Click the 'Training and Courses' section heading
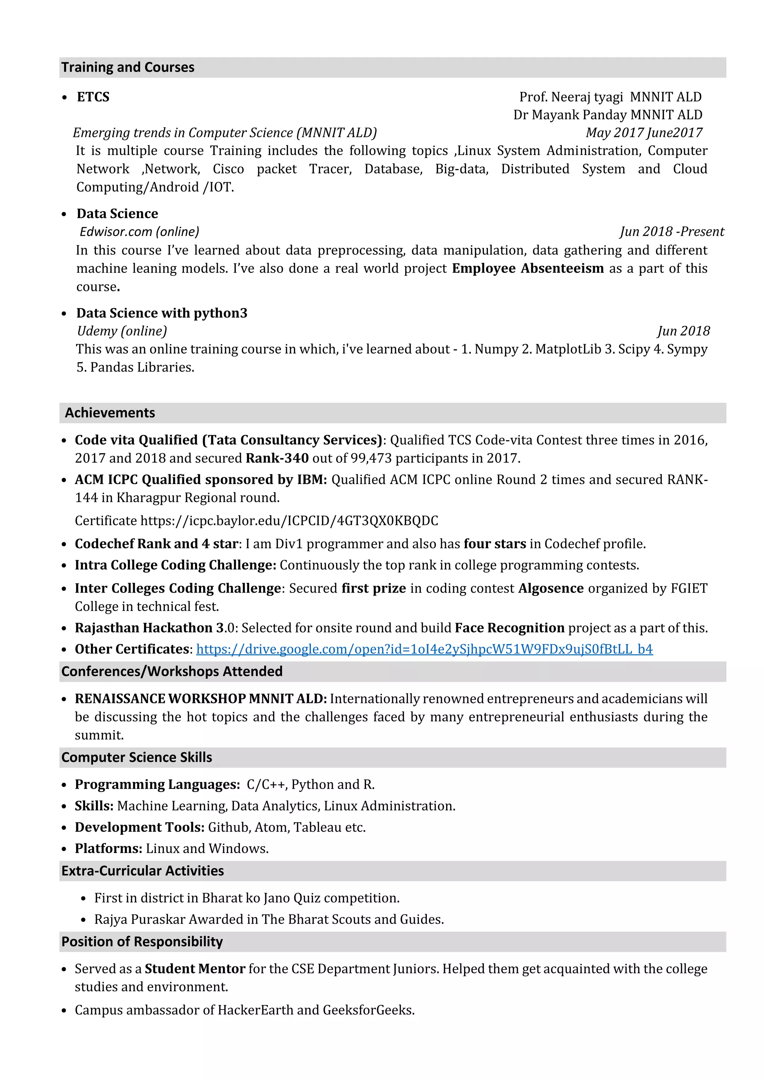coord(128,67)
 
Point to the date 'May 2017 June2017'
coord(644,133)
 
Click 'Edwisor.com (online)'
coord(139,232)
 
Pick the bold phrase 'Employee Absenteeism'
coord(527,268)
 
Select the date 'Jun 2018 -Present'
coord(671,232)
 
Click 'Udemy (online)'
coord(122,331)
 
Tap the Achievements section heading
coord(110,412)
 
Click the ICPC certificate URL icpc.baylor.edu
coord(289,520)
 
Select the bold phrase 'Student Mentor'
coord(195,968)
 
